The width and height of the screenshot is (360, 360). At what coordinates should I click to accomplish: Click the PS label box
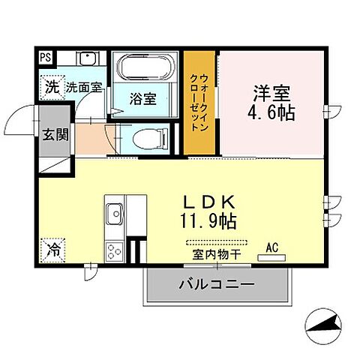click(x=46, y=55)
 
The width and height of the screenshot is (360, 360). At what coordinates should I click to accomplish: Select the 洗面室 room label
click(x=82, y=87)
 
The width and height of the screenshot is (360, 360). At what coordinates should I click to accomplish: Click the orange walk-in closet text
click(x=199, y=103)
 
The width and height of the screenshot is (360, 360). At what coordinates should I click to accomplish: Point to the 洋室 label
click(x=271, y=93)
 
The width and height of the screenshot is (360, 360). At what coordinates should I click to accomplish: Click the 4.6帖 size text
click(x=271, y=113)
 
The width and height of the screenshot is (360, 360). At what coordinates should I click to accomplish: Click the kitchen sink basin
click(x=115, y=214)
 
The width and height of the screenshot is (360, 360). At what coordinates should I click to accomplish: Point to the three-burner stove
click(x=115, y=250)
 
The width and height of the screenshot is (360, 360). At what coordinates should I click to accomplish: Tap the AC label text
click(x=272, y=246)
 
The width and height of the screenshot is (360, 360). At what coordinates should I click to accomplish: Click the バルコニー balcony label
click(x=216, y=284)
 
